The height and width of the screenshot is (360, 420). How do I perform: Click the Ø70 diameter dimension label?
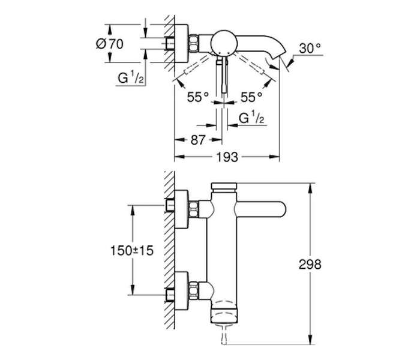tap(110, 44)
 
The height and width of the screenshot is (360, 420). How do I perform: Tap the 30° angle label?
tap(310, 49)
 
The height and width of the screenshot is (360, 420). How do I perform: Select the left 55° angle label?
tap(197, 97)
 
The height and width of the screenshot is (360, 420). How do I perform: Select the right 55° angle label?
tap(251, 97)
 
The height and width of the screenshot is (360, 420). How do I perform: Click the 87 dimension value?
tap(198, 140)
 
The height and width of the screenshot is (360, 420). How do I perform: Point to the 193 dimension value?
tap(227, 157)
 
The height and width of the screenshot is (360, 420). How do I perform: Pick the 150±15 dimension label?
tap(132, 251)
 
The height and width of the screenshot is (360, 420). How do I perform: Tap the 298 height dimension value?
tap(310, 265)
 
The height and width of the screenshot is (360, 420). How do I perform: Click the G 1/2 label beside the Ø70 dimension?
tap(131, 79)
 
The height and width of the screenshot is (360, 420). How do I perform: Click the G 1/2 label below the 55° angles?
tap(251, 118)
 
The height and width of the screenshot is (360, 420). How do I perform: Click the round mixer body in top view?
tap(224, 43)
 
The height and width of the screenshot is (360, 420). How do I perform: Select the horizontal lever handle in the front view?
tap(260, 209)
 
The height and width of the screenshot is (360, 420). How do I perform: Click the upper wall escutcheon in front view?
tap(181, 209)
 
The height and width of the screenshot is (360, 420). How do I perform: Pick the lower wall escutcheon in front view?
tap(181, 291)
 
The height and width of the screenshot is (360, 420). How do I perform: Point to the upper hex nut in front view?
tap(193, 209)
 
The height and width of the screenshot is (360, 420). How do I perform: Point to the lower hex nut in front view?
tap(193, 290)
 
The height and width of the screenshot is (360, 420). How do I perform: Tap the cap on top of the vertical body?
tap(224, 186)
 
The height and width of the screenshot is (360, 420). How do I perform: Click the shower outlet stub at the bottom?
tap(224, 334)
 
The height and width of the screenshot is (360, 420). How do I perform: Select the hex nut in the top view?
tap(193, 43)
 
